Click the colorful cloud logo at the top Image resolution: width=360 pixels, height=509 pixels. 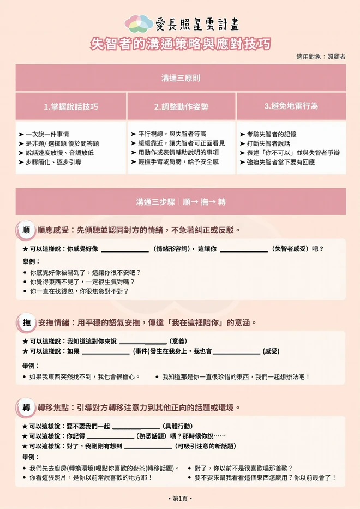139,23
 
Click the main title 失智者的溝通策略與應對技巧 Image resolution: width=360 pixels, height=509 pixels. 180,44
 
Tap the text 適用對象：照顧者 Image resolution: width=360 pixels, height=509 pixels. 321,57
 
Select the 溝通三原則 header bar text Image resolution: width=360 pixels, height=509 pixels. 180,78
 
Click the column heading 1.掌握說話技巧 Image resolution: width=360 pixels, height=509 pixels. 71,106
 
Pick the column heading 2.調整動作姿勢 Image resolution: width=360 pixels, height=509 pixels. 181,106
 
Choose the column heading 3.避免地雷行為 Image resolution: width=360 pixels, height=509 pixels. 291,106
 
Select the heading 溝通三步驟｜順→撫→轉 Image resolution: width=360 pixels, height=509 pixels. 180,202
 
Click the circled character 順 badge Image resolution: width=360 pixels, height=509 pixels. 26,230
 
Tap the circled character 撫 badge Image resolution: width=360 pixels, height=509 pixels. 26,322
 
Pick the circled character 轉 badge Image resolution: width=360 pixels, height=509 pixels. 26,408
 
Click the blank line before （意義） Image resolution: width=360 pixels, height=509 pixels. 142,342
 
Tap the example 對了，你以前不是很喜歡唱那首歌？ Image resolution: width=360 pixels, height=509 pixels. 243,468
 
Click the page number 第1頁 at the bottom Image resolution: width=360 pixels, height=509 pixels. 180,499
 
